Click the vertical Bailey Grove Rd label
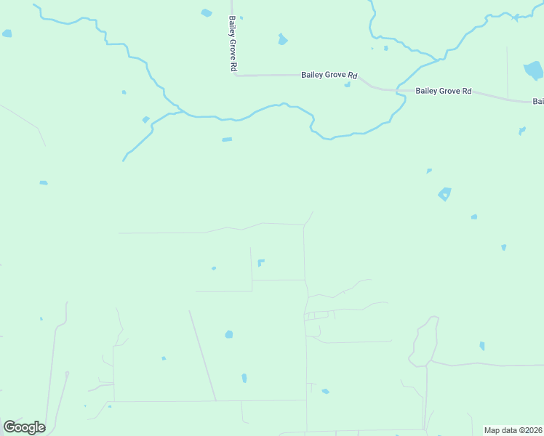pyautogui.click(x=233, y=44)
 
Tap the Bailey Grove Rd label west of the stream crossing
pyautogui.click(x=330, y=75)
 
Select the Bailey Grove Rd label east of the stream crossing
pyautogui.click(x=444, y=92)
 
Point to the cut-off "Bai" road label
pyautogui.click(x=537, y=102)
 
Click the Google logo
pyautogui.click(x=24, y=427)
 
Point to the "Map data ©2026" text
pyautogui.click(x=513, y=430)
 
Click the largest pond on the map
pyautogui.click(x=533, y=70)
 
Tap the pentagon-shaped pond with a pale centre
pyautogui.click(x=444, y=194)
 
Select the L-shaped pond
pyautogui.click(x=260, y=262)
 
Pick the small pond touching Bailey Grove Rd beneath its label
pyautogui.click(x=348, y=84)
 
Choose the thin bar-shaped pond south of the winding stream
pyautogui.click(x=227, y=140)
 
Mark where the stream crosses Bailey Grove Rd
pyautogui.click(x=399, y=91)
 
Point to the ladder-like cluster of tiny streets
pyautogui.click(x=318, y=315)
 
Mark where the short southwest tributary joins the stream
pyautogui.click(x=175, y=113)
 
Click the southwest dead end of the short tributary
pyautogui.click(x=123, y=161)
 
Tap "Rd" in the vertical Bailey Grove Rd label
pyautogui.click(x=233, y=66)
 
